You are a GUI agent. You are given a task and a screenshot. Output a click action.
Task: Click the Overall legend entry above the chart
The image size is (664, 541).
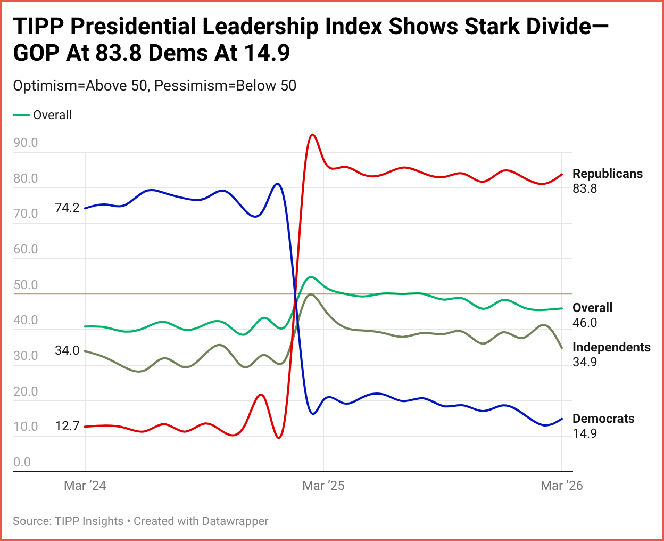[x=52, y=115]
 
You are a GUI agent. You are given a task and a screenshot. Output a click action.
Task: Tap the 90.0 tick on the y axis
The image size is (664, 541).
[x=26, y=143]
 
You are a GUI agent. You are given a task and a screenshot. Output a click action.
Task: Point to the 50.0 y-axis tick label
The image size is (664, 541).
[x=26, y=285]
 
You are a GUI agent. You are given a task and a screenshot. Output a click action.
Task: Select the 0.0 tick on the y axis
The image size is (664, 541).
[x=22, y=462]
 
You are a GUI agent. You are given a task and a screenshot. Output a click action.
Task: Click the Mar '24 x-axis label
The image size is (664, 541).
[x=85, y=486]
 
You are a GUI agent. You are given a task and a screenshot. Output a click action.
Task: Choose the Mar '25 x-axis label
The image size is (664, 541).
[x=323, y=486]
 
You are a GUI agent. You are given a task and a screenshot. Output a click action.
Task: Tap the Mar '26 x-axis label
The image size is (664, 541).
[x=562, y=486]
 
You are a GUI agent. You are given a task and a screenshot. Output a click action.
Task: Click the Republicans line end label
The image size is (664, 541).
[x=607, y=174]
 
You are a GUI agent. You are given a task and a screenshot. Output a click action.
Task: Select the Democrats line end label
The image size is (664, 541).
[x=603, y=419]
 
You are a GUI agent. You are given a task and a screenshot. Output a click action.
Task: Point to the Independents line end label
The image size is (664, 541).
[x=611, y=347]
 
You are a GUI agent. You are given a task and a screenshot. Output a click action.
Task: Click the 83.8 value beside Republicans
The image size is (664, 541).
[x=585, y=188]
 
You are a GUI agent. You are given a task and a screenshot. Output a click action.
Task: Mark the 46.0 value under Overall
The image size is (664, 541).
[x=585, y=323]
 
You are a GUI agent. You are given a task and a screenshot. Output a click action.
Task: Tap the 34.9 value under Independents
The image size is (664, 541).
[x=585, y=362]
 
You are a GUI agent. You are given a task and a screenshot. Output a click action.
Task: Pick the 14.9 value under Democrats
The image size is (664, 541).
[x=585, y=433]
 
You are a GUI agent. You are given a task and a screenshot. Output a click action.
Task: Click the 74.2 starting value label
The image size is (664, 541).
[x=67, y=208]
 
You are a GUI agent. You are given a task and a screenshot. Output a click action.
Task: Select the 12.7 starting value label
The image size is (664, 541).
[x=67, y=426]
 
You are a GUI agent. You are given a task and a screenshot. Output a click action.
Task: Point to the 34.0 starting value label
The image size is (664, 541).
[x=67, y=350]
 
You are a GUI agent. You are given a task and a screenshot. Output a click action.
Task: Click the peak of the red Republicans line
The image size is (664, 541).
[x=313, y=135]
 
